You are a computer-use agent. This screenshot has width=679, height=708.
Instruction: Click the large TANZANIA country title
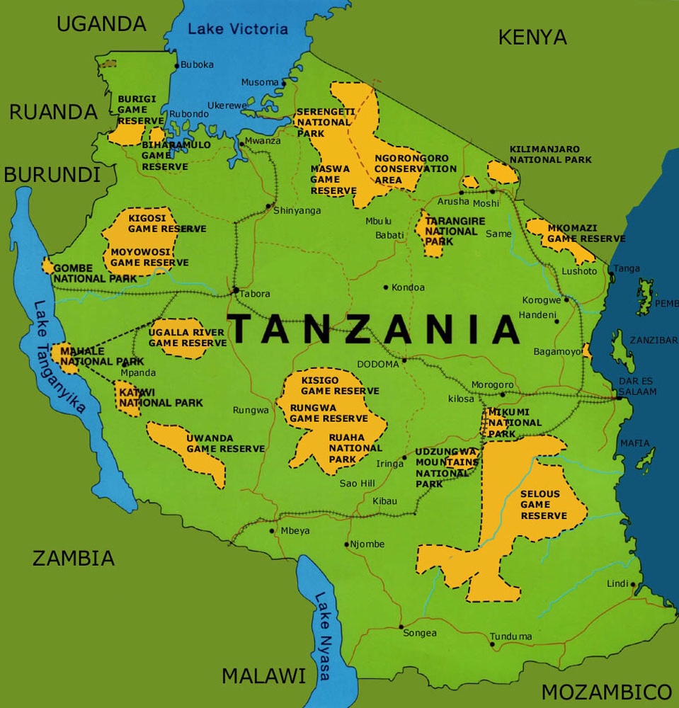(376, 329)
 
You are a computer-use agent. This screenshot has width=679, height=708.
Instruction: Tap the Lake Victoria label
(238, 29)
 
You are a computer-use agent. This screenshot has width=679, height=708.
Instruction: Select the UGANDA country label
(101, 23)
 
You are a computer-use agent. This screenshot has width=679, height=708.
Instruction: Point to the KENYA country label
(532, 37)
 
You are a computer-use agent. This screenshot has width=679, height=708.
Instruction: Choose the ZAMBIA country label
(74, 558)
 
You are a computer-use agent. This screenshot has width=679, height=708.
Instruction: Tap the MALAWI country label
(263, 675)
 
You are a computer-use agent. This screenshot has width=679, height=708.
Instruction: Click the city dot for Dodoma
(404, 360)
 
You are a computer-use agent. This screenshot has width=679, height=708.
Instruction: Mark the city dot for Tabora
(235, 290)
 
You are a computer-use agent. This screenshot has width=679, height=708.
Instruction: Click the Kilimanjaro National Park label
(550, 154)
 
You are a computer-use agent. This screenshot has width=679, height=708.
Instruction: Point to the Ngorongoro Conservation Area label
(415, 169)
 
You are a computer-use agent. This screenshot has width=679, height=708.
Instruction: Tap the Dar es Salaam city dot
(619, 398)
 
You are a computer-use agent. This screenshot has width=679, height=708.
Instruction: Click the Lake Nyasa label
(323, 635)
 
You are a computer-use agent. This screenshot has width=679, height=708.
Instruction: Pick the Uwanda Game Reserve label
(225, 443)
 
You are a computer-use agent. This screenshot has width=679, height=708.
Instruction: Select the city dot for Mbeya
(273, 530)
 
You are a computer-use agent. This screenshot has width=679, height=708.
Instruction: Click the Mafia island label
(634, 443)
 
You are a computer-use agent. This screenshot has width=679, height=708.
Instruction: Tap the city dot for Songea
(401, 627)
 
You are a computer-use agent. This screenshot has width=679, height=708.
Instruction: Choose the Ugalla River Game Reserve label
(187, 338)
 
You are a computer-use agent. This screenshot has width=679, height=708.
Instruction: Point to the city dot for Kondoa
(386, 287)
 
